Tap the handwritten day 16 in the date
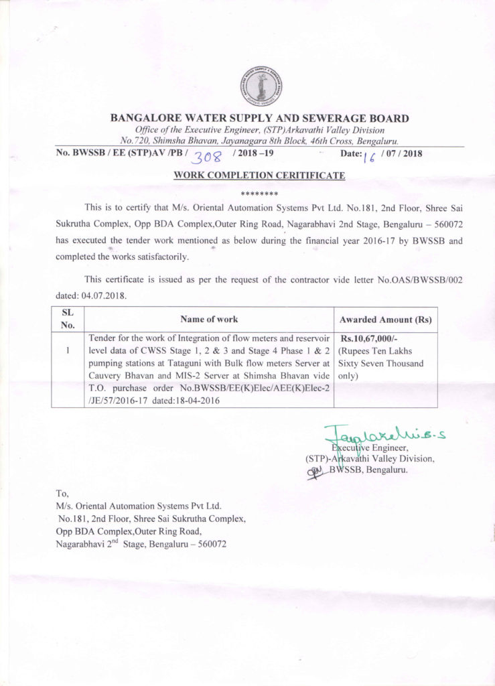coord(368,156)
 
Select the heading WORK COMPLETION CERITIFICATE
coord(259,176)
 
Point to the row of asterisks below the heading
coord(259,193)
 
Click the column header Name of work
coord(209,320)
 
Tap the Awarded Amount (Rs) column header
coord(385,320)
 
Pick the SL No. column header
coord(68,319)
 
